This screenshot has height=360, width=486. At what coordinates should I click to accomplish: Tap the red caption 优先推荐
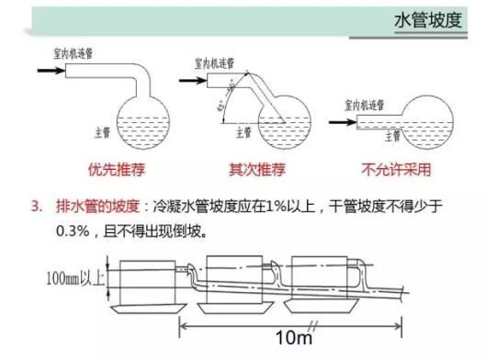(x=112, y=170)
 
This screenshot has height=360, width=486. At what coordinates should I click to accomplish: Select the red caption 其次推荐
(x=254, y=170)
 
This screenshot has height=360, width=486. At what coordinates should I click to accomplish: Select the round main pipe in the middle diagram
(x=286, y=124)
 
